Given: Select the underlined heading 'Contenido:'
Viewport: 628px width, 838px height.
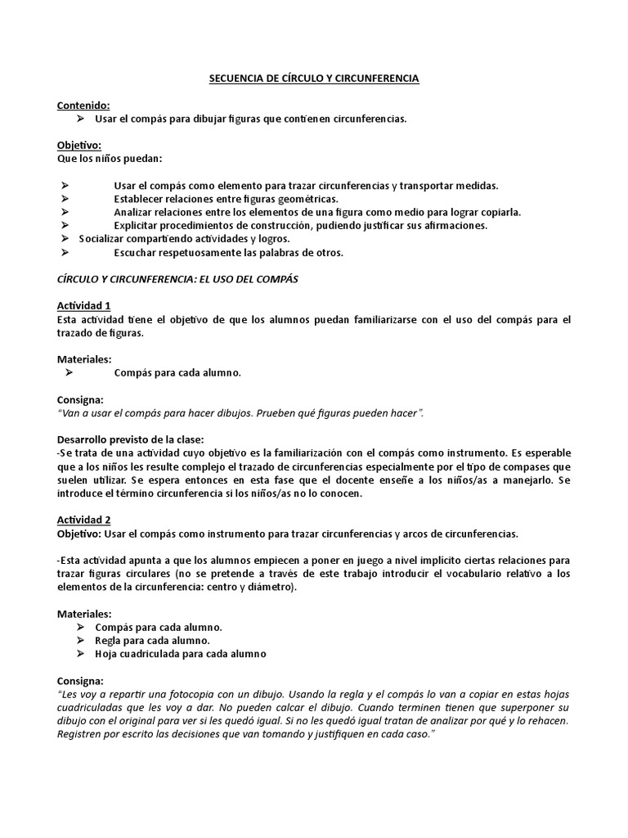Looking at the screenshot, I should pos(83,106).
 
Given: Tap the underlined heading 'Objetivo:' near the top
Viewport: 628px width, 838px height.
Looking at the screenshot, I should pos(79,145).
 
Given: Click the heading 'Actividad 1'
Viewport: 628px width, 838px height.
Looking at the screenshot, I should pos(84,305).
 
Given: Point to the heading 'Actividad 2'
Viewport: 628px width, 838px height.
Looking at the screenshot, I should pos(84,520).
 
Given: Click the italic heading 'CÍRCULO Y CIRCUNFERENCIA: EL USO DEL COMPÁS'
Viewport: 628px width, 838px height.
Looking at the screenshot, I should pos(177,279).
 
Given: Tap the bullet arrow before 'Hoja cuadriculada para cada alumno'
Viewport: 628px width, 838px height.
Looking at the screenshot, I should pos(80,654).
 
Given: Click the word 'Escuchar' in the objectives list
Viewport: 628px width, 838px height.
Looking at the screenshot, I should pos(135,252).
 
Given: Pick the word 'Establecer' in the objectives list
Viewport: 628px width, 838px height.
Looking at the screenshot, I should pos(138,199).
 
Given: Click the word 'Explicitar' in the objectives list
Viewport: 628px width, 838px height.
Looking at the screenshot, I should pos(137,225).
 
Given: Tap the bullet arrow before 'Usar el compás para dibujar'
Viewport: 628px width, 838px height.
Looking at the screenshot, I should pos(80,119).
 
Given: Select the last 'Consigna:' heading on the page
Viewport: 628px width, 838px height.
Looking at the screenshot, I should pos(80,681).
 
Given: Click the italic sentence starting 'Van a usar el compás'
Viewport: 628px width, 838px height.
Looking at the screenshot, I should pos(240,413).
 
